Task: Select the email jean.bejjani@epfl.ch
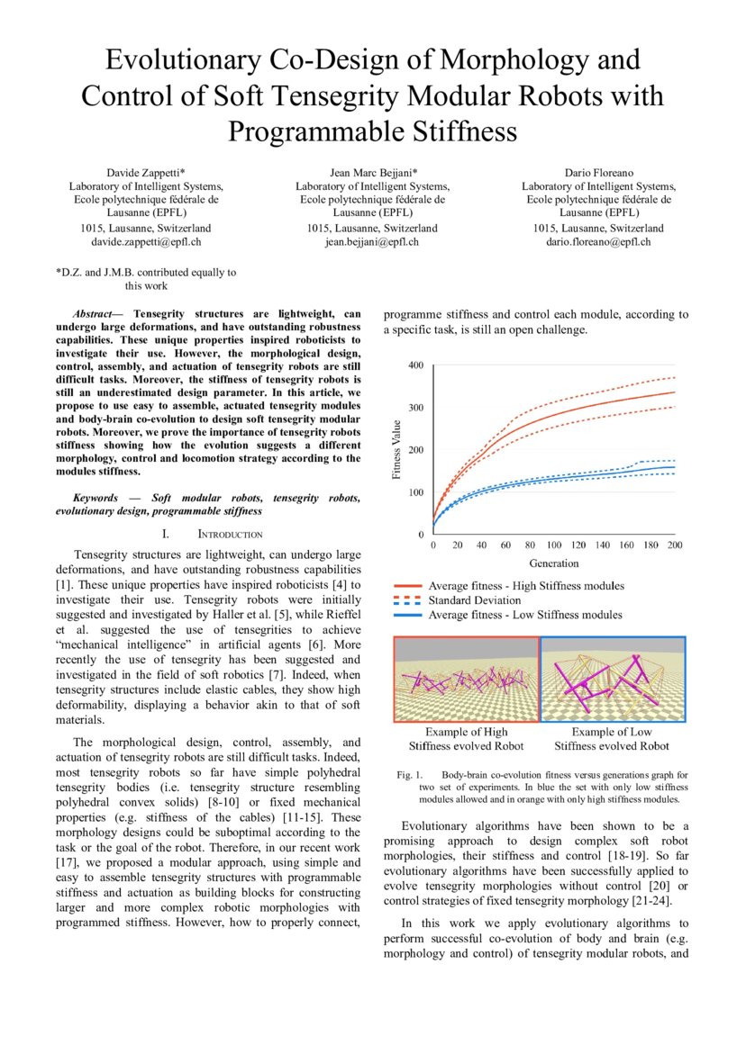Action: pos(373,242)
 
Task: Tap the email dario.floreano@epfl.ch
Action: pos(598,242)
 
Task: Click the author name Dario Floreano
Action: pos(598,172)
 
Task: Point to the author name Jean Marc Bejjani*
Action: pos(373,172)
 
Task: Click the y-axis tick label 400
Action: pos(415,365)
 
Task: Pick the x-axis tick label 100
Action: pos(554,546)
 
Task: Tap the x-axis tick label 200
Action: pos(674,546)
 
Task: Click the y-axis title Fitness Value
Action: pos(398,450)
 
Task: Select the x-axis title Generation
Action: pos(554,563)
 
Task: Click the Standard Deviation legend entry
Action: pos(474,600)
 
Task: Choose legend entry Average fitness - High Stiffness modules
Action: pos(525,586)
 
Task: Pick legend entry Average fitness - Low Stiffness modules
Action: pos(524,615)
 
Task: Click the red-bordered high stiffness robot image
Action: pos(466,680)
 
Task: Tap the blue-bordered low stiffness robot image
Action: pos(613,680)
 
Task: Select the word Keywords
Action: pos(96,498)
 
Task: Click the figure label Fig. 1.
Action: pos(409,774)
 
